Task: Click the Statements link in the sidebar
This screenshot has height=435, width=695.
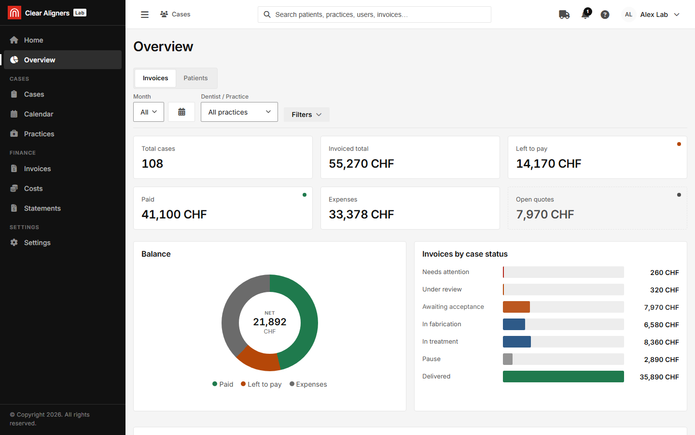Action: [42, 208]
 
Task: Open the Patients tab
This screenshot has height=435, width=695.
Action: [195, 78]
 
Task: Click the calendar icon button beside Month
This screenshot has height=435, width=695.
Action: [181, 112]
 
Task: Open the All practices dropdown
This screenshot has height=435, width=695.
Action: [239, 112]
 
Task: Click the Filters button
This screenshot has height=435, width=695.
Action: [306, 115]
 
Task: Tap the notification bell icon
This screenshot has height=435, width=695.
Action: [585, 14]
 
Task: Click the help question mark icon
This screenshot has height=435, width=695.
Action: [605, 14]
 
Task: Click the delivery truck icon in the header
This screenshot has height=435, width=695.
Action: [564, 14]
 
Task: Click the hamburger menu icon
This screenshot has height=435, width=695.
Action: [145, 14]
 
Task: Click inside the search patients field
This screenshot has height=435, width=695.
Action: [374, 14]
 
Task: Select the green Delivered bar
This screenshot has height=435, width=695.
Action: [563, 377]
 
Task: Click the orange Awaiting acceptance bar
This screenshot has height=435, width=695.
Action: [516, 307]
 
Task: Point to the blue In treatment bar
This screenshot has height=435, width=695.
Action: [516, 342]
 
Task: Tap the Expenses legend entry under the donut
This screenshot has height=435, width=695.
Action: [308, 384]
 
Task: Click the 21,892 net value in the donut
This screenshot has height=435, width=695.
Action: [270, 322]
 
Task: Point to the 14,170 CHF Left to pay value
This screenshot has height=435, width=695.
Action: [548, 164]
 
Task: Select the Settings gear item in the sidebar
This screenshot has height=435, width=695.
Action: [37, 243]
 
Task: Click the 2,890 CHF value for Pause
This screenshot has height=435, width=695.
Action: [661, 360]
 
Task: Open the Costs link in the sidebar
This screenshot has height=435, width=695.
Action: [33, 188]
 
